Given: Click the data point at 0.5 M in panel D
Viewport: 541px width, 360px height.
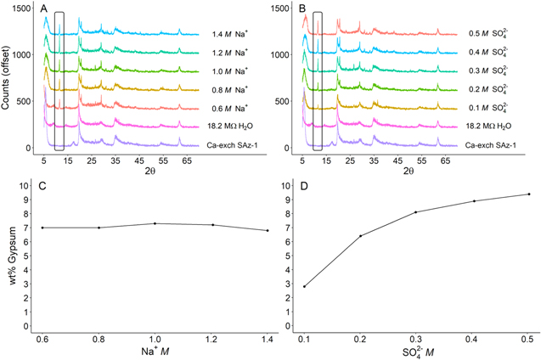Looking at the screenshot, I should (x=529, y=194).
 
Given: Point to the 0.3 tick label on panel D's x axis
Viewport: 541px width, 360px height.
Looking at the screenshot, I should (x=416, y=339).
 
